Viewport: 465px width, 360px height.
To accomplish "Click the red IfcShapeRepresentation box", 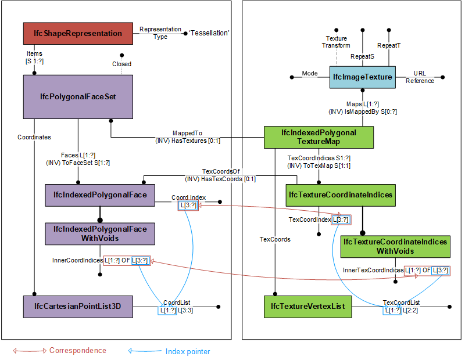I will [78, 34].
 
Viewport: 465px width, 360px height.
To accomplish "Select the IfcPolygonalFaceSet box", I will [78, 96].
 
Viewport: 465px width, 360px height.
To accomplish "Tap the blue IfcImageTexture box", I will [362, 77].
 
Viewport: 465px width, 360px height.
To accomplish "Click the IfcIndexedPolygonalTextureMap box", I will [319, 137].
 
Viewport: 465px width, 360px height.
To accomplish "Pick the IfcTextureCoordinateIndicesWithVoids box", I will [395, 246].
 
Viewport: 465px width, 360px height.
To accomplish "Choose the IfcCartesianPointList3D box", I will [78, 307].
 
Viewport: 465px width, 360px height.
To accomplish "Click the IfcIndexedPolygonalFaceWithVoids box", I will [100, 233].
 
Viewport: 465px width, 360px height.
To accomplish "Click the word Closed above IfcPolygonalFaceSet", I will [121, 64].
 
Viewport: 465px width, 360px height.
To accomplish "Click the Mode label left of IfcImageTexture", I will [310, 74].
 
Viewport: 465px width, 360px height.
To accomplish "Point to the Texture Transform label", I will [337, 42].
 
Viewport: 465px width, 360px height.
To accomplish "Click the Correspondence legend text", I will [77, 351].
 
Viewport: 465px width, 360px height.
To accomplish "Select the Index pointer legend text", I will [188, 351].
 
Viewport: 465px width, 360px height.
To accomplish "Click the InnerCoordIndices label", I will [77, 260].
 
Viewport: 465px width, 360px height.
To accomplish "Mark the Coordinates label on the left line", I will [34, 138].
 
